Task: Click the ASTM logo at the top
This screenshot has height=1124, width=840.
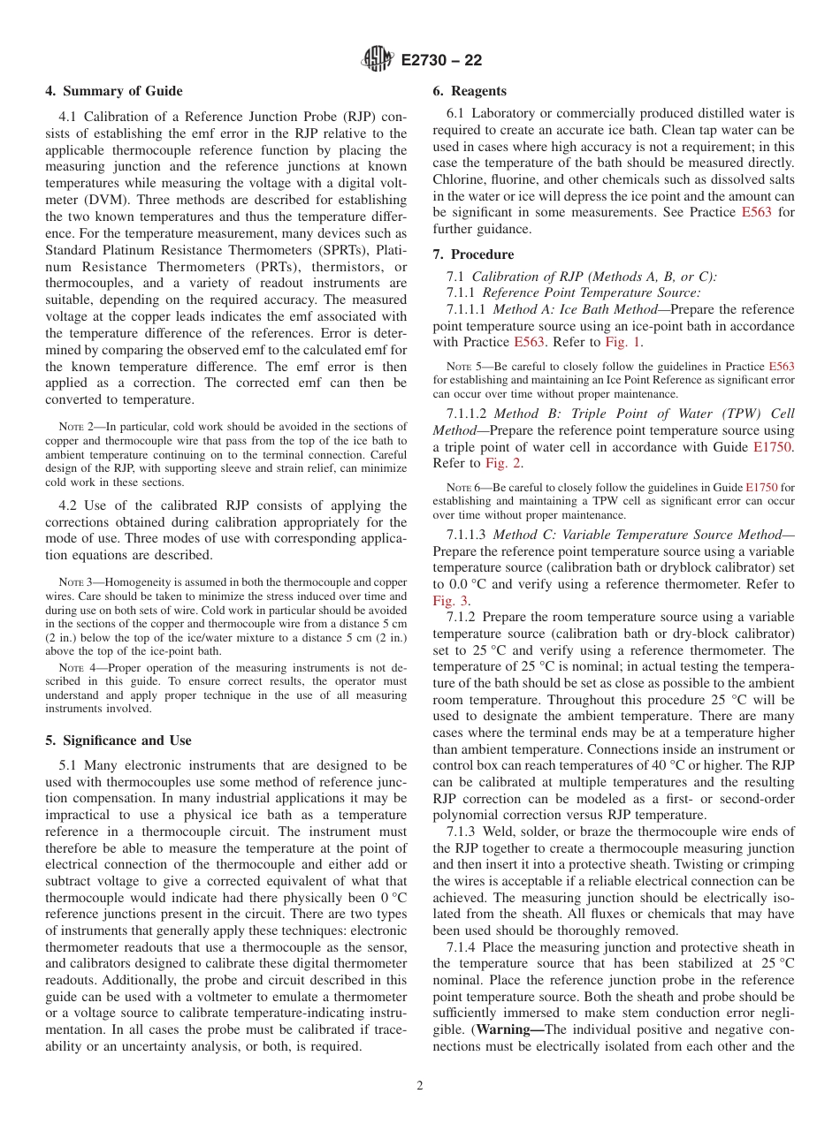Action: [x=378, y=60]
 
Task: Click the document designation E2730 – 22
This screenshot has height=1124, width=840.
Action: [x=441, y=61]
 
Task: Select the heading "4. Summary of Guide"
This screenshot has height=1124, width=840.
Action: [x=114, y=91]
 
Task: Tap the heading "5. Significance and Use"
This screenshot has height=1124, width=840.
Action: [x=118, y=740]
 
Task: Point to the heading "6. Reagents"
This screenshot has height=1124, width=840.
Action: [x=470, y=91]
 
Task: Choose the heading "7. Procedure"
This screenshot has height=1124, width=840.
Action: [x=473, y=254]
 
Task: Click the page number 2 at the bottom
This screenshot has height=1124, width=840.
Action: [x=420, y=1086]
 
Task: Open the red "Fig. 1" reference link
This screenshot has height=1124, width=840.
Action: [x=623, y=342]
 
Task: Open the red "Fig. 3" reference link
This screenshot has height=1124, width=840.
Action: [x=450, y=601]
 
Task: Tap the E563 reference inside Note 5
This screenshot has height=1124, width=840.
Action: [x=781, y=366]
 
